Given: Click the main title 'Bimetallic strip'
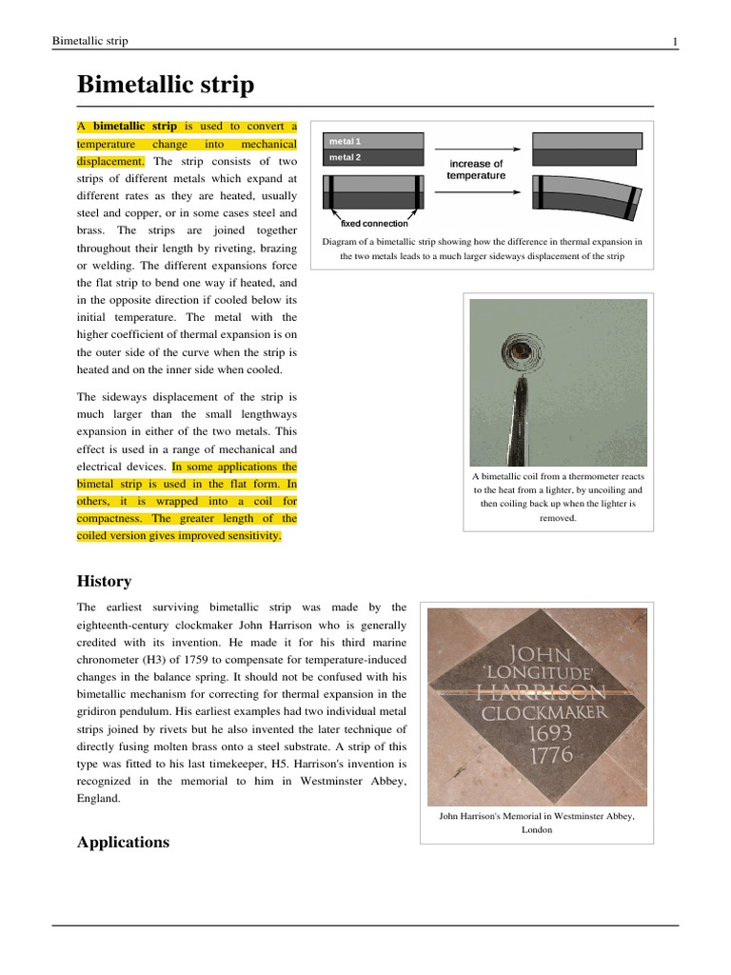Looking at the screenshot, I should pyautogui.click(x=165, y=86).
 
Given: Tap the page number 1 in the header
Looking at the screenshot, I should pyautogui.click(x=674, y=41).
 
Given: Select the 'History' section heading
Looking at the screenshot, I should pyautogui.click(x=103, y=581).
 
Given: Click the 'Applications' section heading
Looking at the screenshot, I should pyautogui.click(x=123, y=842).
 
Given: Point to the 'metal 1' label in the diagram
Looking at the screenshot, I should pyautogui.click(x=345, y=141).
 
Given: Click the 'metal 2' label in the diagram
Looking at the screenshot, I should pyautogui.click(x=345, y=157).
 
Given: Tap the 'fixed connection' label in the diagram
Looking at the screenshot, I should pyautogui.click(x=374, y=224).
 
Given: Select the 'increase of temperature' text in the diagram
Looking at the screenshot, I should pyautogui.click(x=476, y=169).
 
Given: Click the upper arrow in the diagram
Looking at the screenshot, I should pyautogui.click(x=476, y=149).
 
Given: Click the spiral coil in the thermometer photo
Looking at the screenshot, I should pyautogui.click(x=520, y=351).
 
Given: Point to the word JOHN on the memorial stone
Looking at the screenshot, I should pyautogui.click(x=541, y=654).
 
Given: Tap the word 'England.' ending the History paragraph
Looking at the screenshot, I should pyautogui.click(x=98, y=799).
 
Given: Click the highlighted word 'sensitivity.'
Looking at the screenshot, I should pyautogui.click(x=249, y=536).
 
